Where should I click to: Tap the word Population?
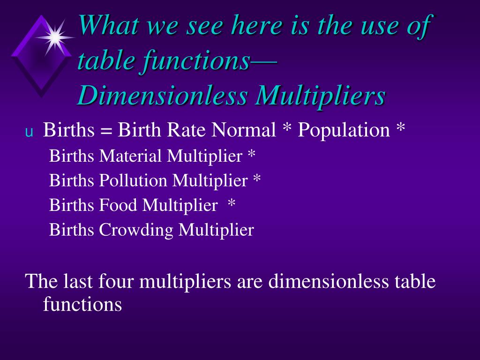tap(344, 130)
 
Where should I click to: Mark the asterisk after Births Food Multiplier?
tap(231, 203)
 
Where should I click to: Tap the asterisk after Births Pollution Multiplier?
tap(256, 179)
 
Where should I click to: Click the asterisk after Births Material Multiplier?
tap(252, 154)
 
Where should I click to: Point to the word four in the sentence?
tap(116, 282)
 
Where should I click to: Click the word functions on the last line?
tap(82, 304)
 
